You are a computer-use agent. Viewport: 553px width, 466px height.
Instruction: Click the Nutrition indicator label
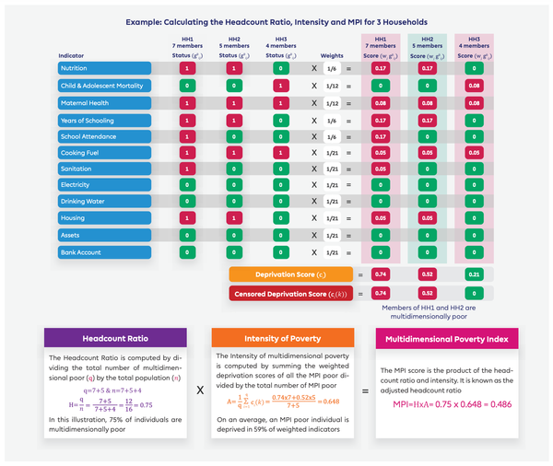pyautogui.click(x=103, y=68)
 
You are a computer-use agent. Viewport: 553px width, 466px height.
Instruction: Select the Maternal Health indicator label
pyautogui.click(x=103, y=104)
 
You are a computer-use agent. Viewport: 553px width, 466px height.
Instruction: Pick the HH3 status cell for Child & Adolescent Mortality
pyautogui.click(x=280, y=87)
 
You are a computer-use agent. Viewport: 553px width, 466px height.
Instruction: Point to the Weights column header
pyautogui.click(x=333, y=54)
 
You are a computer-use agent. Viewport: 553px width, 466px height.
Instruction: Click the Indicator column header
pyautogui.click(x=74, y=54)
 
